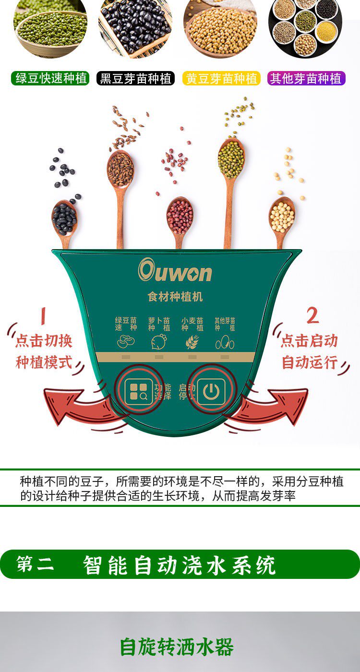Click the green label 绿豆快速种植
click(50, 78)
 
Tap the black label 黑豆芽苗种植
click(135, 78)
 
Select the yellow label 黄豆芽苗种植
click(221, 78)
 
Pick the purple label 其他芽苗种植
click(306, 78)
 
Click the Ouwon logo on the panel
click(175, 270)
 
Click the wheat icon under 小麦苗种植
click(192, 342)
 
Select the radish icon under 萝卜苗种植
click(159, 342)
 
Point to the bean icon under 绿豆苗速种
click(126, 342)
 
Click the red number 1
click(43, 316)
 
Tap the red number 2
click(313, 316)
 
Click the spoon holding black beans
click(65, 222)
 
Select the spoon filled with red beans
click(180, 220)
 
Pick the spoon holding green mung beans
click(231, 192)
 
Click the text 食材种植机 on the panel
click(175, 297)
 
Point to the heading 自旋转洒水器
click(177, 647)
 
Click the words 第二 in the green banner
click(35, 564)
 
